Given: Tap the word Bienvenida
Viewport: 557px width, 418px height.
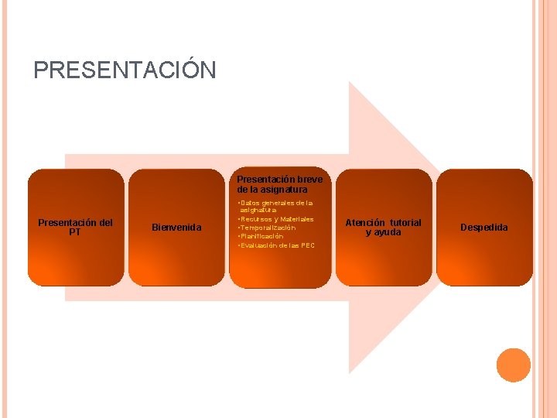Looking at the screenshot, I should (x=176, y=228).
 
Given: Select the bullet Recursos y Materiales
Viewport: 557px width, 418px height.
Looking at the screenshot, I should (x=275, y=219).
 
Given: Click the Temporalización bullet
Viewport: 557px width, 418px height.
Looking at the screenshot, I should (x=268, y=228).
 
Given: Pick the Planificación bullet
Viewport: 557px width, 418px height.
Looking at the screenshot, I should (x=261, y=237).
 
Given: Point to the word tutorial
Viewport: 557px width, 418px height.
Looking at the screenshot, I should (x=406, y=223).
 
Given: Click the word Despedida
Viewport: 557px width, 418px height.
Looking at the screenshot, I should (x=484, y=228).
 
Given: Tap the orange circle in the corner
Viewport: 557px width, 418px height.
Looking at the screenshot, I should (x=514, y=365).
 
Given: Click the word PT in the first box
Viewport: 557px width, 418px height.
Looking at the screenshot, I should (x=75, y=232).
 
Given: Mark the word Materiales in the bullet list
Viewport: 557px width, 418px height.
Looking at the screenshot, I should (x=297, y=219).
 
